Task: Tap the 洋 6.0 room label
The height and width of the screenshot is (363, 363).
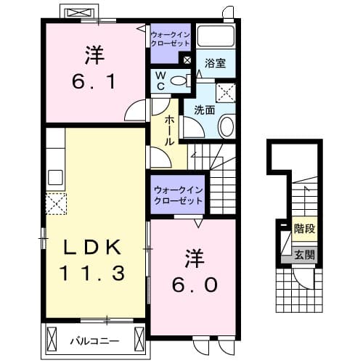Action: pos(193,272)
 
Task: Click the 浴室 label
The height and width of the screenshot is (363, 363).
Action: pos(215,63)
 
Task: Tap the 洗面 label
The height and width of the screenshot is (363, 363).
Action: pos(203,110)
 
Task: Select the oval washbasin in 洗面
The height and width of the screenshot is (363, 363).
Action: pos(225,127)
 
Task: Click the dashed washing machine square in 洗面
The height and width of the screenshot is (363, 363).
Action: pos(227,91)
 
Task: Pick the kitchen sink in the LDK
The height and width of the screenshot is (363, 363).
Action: pos(55,176)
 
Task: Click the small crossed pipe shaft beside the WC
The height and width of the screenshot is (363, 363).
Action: pos(187,61)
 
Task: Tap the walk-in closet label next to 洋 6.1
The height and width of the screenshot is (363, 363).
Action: pos(169,38)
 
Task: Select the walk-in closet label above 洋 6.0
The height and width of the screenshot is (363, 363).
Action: pos(177,195)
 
